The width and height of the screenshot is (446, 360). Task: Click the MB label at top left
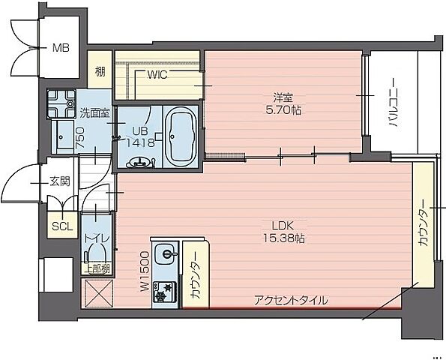point(61,49)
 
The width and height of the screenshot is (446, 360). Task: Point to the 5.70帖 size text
point(283,109)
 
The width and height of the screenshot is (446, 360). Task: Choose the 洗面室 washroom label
point(94,114)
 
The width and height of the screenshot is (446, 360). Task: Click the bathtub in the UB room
point(181,136)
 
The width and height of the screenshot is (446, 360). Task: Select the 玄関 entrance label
point(60,181)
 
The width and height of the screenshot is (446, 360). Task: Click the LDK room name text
point(283,224)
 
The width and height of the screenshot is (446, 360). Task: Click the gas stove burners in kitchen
point(164,290)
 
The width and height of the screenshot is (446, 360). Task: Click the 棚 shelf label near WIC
point(99,73)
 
